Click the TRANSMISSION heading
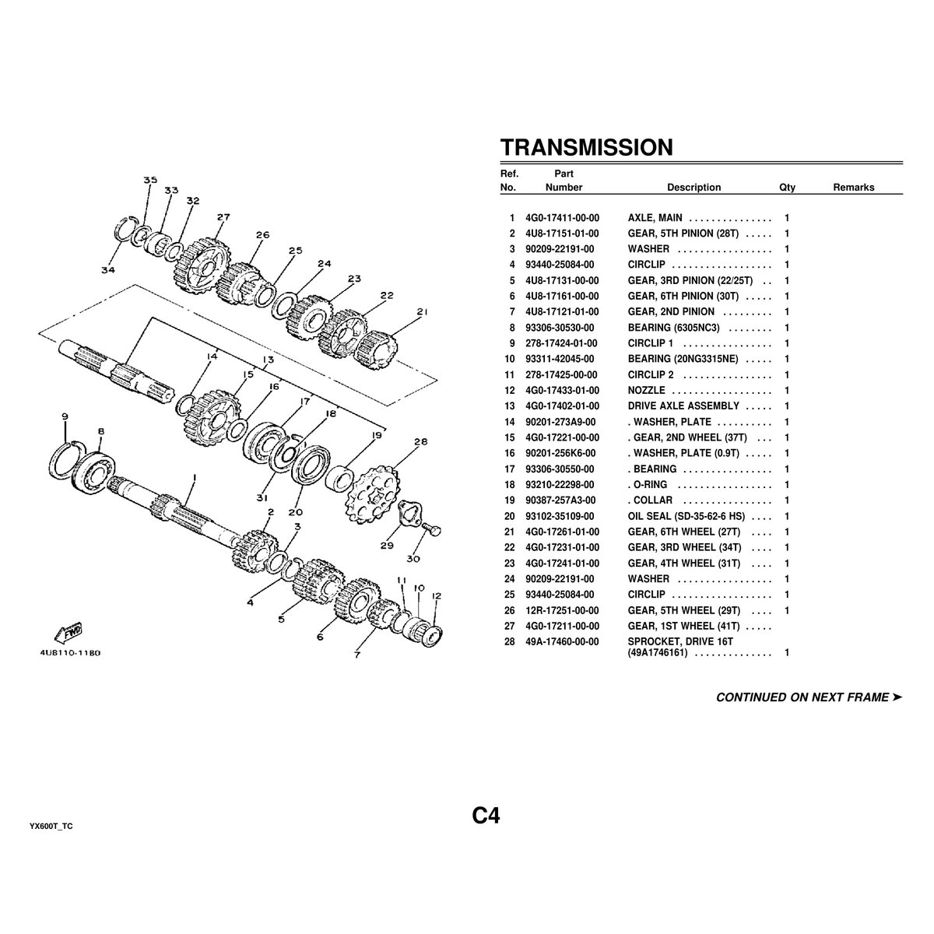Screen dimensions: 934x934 pyautogui.click(x=587, y=147)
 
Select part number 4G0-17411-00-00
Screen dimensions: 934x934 pyautogui.click(x=562, y=218)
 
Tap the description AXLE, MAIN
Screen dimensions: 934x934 pyautogui.click(x=655, y=218)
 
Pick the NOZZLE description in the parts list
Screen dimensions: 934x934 pyautogui.click(x=647, y=390)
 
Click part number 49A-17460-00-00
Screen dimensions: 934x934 pyautogui.click(x=562, y=641)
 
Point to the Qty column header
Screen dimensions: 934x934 pyautogui.click(x=787, y=188)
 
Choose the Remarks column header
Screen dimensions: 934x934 pyautogui.click(x=854, y=188)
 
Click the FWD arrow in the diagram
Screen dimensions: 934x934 pyautogui.click(x=68, y=634)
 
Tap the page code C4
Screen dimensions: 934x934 pyautogui.click(x=486, y=816)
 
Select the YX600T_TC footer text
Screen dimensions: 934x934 pyautogui.click(x=51, y=827)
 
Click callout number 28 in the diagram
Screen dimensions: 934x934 pyautogui.click(x=421, y=442)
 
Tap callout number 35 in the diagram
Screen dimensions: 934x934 pyautogui.click(x=150, y=180)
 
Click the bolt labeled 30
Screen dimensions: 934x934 pyautogui.click(x=431, y=529)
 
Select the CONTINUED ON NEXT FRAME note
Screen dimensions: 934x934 pyautogui.click(x=809, y=697)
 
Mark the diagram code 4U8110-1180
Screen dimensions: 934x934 pyautogui.click(x=70, y=653)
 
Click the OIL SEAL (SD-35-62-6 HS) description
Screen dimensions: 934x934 pyautogui.click(x=686, y=516)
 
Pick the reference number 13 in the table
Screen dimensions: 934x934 pyautogui.click(x=509, y=406)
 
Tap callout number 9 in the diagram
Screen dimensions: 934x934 pyautogui.click(x=65, y=416)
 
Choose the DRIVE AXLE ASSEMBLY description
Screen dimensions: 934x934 pyautogui.click(x=683, y=406)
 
